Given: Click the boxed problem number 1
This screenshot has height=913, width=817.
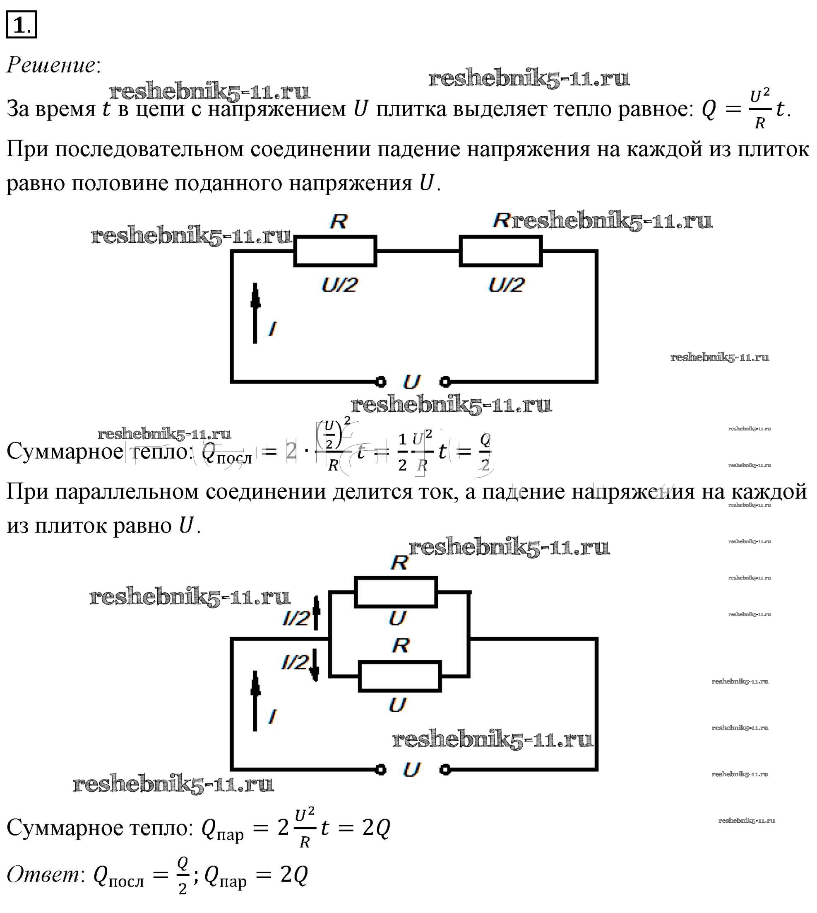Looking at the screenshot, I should point(21,25).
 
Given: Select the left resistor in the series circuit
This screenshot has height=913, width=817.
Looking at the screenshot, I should point(335,251).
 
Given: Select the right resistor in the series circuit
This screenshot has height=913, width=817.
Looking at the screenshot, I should point(500,251).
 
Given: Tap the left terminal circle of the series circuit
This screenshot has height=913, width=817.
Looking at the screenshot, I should point(380,382).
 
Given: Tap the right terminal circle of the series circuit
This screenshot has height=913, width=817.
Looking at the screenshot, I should point(445,382).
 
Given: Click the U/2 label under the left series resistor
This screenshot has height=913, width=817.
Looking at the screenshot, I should point(339,285).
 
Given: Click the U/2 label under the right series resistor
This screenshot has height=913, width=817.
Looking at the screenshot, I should point(506,285).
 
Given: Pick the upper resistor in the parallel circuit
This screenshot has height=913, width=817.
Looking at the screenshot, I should point(396,592).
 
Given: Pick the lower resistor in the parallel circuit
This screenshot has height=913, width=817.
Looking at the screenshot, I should point(399,676).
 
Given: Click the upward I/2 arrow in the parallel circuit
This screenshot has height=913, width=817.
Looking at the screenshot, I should point(316,612).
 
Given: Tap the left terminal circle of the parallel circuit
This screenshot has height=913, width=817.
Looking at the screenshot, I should point(380,770).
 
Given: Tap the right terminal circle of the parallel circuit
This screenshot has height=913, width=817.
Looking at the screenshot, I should point(445,770).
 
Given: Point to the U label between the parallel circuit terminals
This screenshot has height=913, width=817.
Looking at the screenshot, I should point(412,770).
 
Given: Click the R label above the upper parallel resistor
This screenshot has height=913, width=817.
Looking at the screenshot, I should point(399,563).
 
